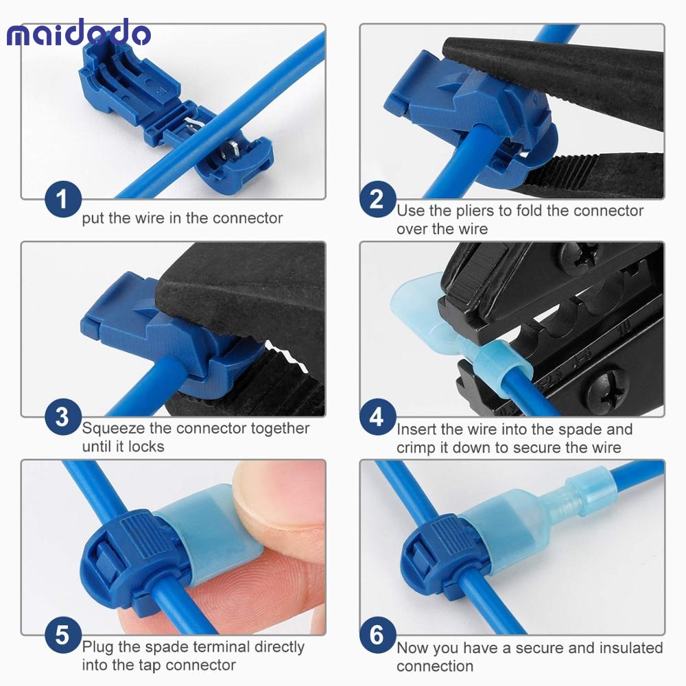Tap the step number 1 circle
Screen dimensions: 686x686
tap(62, 200)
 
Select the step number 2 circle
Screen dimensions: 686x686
tap(377, 200)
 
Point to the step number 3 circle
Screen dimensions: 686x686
tap(62, 417)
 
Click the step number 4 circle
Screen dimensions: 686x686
tap(377, 417)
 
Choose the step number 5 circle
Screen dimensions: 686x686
tap(62, 635)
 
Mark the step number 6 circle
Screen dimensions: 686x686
tap(377, 635)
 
